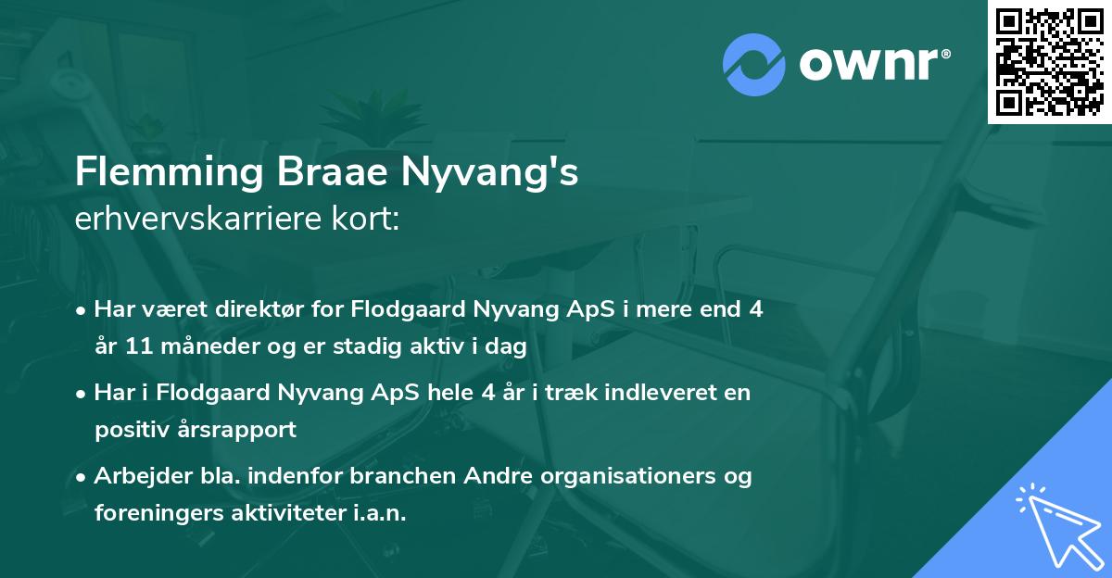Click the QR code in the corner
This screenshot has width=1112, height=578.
tap(1050, 62)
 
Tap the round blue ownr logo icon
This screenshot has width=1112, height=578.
tap(752, 64)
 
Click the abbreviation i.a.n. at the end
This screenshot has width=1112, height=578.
tap(378, 513)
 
